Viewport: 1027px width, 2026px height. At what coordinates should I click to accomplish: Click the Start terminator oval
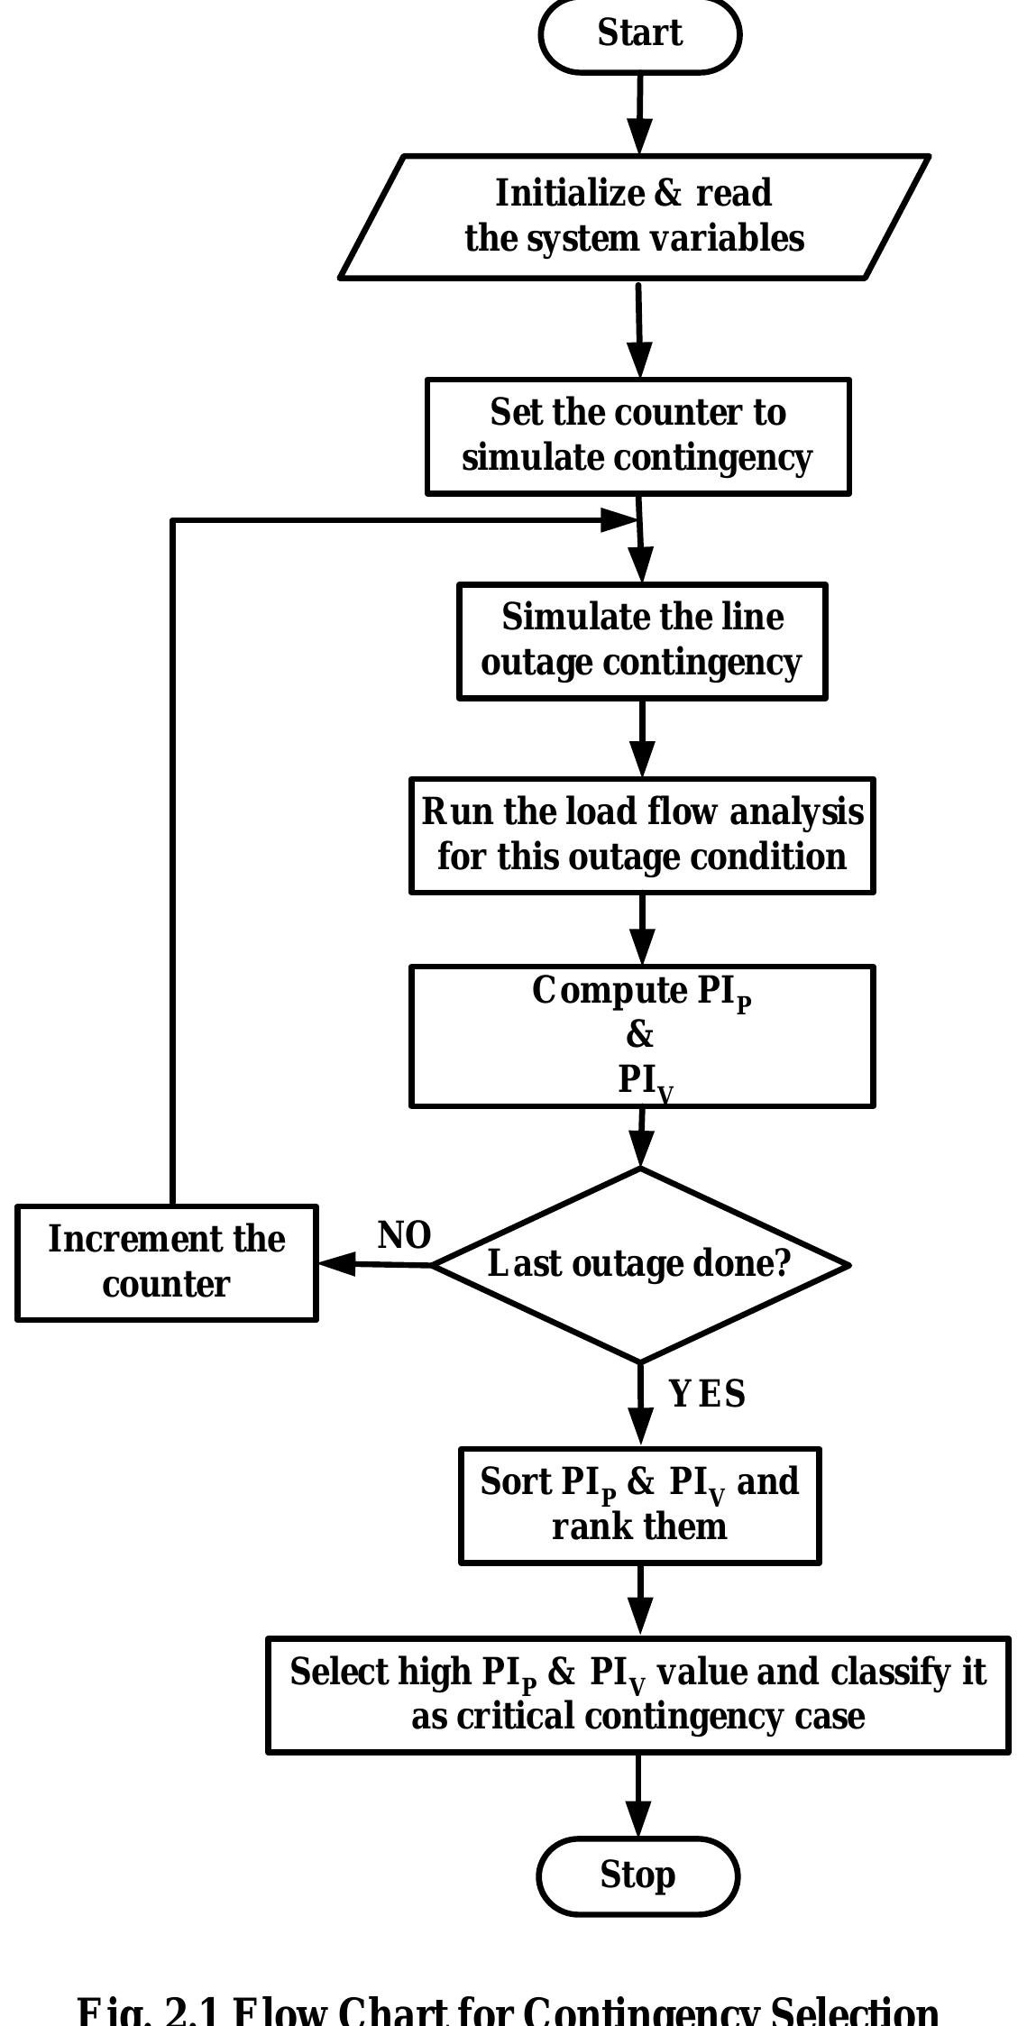[639, 34]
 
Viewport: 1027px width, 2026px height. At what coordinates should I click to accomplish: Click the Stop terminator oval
[637, 1875]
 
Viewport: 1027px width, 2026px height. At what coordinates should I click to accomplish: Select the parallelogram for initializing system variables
[634, 216]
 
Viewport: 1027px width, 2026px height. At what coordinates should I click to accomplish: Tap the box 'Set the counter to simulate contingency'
[637, 436]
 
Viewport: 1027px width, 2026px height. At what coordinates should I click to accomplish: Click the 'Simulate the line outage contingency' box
[641, 640]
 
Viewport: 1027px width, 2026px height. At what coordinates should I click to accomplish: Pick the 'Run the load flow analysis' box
[642, 835]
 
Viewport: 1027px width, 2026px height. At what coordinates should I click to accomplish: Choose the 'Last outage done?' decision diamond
[640, 1264]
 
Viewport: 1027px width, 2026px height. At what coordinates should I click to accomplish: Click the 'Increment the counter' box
[167, 1262]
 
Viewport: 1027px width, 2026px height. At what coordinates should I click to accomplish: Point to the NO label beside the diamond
[404, 1236]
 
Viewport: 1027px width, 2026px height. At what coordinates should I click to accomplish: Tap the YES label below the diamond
[708, 1394]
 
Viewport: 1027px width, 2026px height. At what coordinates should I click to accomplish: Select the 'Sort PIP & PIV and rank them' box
[639, 1505]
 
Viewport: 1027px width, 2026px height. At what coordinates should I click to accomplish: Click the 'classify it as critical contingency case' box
[637, 1694]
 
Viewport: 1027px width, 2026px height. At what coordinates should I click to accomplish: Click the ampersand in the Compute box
[639, 1035]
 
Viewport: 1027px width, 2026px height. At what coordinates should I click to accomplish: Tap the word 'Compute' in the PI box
[610, 991]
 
